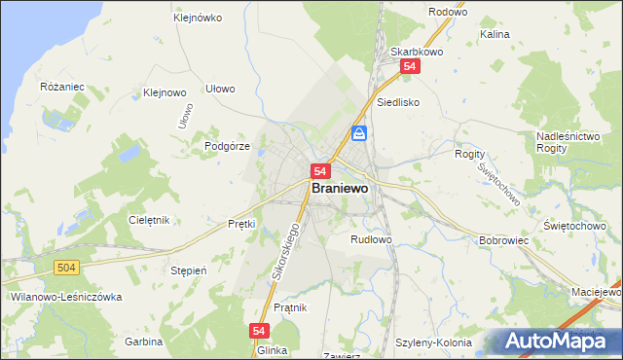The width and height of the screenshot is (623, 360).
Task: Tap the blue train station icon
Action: click(359, 133)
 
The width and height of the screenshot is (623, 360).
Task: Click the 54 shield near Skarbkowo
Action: click(410, 65)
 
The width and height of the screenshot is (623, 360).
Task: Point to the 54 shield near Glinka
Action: click(259, 331)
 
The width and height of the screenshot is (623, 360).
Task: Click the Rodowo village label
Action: click(447, 13)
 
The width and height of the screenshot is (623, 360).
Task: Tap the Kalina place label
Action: click(495, 34)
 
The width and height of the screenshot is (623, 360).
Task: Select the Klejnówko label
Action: click(198, 18)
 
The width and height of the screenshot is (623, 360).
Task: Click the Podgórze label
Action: click(228, 146)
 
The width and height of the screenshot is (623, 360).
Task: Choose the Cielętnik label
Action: click(149, 220)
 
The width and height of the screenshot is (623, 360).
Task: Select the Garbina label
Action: click(143, 342)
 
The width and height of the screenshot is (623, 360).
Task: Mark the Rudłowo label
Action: click(371, 239)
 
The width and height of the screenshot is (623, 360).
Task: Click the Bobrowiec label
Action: click(503, 239)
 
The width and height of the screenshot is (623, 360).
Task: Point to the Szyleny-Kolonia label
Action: click(434, 342)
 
